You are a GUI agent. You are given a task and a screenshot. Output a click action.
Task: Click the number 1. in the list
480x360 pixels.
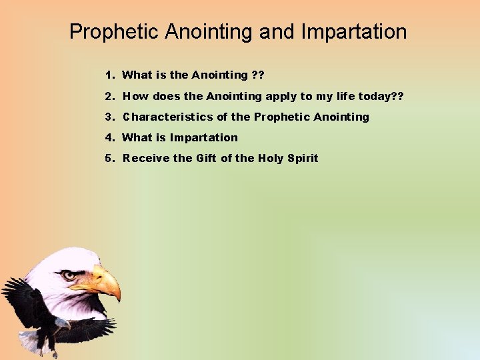pyautogui.click(x=109, y=75)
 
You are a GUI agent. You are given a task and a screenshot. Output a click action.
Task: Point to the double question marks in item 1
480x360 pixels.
pyautogui.click(x=257, y=75)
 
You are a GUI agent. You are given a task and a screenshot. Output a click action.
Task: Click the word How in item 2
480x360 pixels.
pyautogui.click(x=136, y=96)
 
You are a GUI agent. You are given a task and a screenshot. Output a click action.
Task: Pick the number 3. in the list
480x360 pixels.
pyautogui.click(x=109, y=117)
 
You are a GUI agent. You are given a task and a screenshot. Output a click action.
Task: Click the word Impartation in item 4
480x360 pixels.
pyautogui.click(x=203, y=137)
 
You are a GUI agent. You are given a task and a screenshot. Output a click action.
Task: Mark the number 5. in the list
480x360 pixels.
pyautogui.click(x=109, y=158)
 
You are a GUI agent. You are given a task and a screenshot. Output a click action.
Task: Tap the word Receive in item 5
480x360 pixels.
pyautogui.click(x=146, y=158)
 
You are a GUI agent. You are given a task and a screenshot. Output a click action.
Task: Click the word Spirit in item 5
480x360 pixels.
pyautogui.click(x=302, y=158)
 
